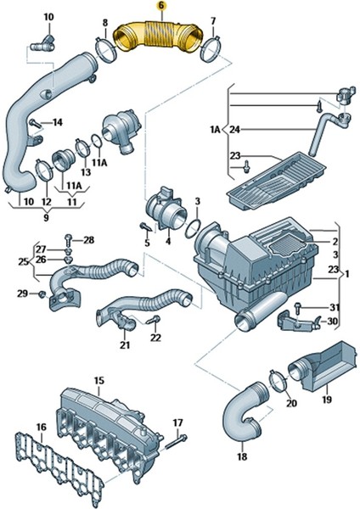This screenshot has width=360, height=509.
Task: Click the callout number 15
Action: point(98,381)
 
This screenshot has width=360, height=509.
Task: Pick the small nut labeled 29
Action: point(42,294)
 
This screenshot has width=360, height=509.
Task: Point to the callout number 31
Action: point(335,306)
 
